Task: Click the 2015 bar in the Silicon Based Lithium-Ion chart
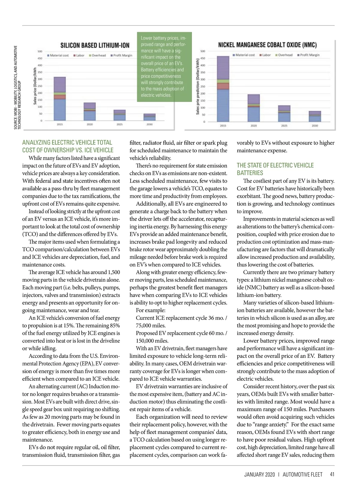(x=60, y=99)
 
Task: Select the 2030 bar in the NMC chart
(x=315, y=116)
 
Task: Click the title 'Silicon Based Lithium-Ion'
(x=95, y=45)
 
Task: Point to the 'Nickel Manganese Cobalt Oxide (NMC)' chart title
(x=267, y=45)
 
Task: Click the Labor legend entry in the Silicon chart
(x=79, y=55)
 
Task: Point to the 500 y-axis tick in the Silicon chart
(x=40, y=51)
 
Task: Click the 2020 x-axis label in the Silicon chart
(x=90, y=124)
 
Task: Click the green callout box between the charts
(x=164, y=67)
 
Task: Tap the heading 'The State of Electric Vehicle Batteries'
(x=275, y=169)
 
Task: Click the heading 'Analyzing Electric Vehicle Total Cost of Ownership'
(x=68, y=146)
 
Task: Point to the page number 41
(x=332, y=475)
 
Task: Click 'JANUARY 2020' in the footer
(x=259, y=475)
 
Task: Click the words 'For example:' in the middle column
(x=151, y=310)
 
